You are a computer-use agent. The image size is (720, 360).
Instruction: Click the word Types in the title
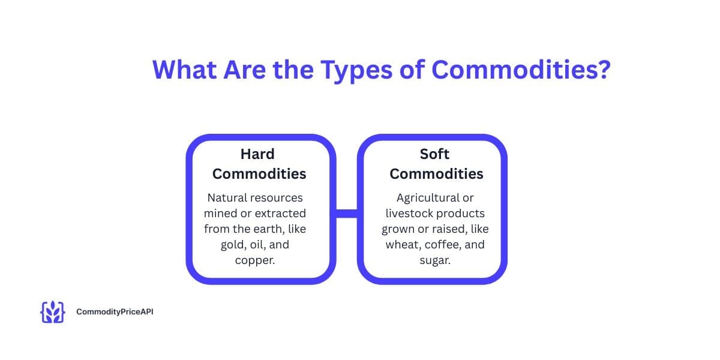pos(356,70)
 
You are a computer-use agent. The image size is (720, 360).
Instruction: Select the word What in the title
pos(185,70)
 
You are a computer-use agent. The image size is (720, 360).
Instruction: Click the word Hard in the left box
pos(257,154)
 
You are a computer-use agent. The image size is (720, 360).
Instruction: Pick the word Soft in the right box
pos(434,154)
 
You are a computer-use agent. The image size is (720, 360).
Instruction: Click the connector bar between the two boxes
pos(347,214)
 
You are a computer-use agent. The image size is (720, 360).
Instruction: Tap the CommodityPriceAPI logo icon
pos(53,312)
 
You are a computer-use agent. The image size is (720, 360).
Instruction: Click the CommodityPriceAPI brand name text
pos(115,312)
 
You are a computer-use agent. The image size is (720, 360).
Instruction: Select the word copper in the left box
pos(255,260)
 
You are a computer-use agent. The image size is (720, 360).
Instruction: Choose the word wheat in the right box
pos(403,245)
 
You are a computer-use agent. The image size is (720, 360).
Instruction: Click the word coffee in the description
pos(443,245)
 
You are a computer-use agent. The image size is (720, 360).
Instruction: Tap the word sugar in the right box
pos(435,260)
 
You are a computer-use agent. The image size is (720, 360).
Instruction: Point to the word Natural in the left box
pos(227,197)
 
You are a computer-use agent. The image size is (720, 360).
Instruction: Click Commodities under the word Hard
pos(259,174)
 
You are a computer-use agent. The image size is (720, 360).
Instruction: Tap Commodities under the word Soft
pos(436,174)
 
